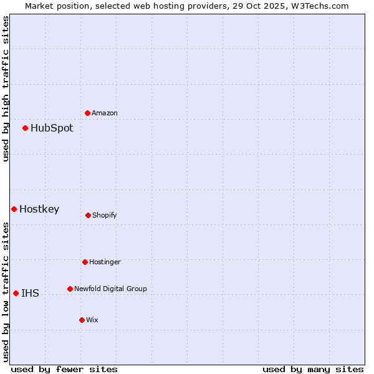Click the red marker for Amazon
tap(88, 113)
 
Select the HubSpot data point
tap(26, 128)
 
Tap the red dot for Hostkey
tap(14, 209)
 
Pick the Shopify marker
tap(88, 215)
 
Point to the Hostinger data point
tap(85, 262)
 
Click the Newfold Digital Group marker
tap(70, 289)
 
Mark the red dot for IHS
tap(16, 293)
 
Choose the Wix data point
tap(82, 320)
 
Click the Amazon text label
tap(105, 113)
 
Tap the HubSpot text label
tap(52, 128)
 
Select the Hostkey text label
tap(39, 209)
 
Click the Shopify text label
tap(105, 216)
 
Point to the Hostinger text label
tap(105, 262)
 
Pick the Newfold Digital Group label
tap(110, 289)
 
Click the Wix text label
tap(92, 320)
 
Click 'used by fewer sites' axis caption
tap(64, 369)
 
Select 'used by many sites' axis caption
tap(313, 369)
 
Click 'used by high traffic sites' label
tap(6, 89)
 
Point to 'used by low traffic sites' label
tap(6, 292)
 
